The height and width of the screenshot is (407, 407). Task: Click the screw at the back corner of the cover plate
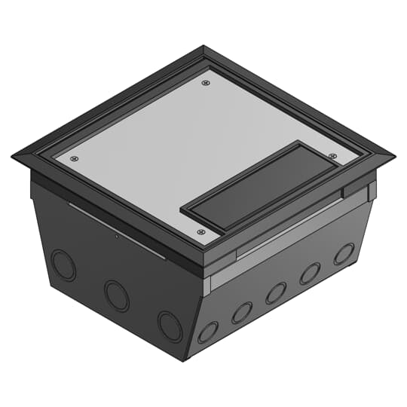(x=206, y=83)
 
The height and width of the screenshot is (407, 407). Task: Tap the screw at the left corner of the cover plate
(x=74, y=158)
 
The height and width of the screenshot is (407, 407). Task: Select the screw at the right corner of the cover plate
(x=332, y=156)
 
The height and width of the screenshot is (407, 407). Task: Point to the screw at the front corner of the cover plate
(x=200, y=232)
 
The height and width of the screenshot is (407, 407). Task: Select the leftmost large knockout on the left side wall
(x=63, y=265)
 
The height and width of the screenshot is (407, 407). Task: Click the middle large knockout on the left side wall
(x=117, y=295)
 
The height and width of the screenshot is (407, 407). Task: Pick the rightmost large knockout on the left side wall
(x=170, y=326)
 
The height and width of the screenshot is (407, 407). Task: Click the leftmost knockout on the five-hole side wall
(x=207, y=332)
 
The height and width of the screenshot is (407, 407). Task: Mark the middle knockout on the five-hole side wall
(x=277, y=293)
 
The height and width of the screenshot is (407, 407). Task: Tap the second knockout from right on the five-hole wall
(x=310, y=274)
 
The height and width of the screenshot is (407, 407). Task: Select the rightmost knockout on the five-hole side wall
(x=344, y=254)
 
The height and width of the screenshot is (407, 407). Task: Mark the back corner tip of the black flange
(x=204, y=47)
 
